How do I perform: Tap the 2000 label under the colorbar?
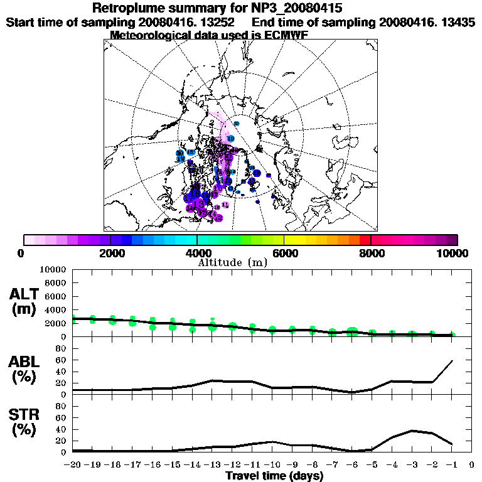point(110,253)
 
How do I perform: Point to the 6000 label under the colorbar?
point(284,253)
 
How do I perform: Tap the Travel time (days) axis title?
point(274,476)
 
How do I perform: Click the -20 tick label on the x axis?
point(73,465)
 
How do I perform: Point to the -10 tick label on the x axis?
point(272,465)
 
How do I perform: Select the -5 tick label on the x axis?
point(372,465)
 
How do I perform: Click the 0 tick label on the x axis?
point(472,465)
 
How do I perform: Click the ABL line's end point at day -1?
point(452,361)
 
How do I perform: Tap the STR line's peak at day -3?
point(412,431)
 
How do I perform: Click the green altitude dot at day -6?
point(352,331)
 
